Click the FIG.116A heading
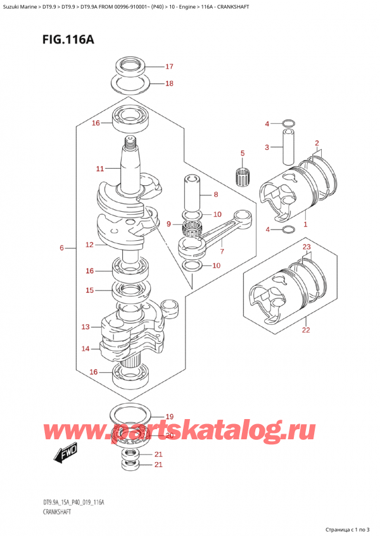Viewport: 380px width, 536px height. coord(68,40)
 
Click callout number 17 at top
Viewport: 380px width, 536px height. coord(169,66)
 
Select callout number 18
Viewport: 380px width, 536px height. coord(169,83)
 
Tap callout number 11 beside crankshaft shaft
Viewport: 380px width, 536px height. coord(99,169)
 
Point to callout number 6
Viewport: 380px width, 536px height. coord(61,248)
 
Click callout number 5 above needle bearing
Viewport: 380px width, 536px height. coord(243,153)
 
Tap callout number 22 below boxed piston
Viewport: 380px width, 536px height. coord(306,330)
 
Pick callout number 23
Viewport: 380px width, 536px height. coord(307,247)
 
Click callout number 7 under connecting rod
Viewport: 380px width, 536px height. coord(222,252)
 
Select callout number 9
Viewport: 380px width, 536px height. coord(168,224)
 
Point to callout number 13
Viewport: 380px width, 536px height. coord(85,327)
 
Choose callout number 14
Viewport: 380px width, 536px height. coord(85,349)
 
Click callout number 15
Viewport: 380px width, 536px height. coord(89,290)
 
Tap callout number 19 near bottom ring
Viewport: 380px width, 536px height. coord(169,417)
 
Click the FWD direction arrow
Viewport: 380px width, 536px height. coord(66,453)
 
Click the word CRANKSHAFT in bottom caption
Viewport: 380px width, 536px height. coord(57,512)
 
